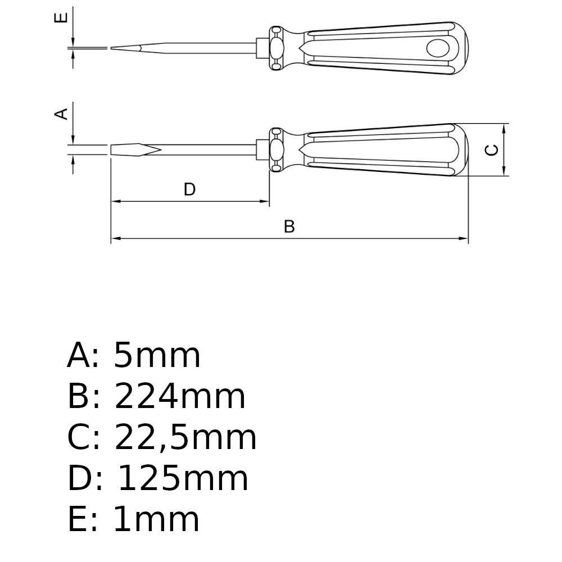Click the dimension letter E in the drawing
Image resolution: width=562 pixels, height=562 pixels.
(61, 17)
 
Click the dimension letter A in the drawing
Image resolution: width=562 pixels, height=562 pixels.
(61, 114)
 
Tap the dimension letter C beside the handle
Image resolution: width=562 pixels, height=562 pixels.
(491, 150)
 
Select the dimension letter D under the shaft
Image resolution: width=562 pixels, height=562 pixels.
(189, 189)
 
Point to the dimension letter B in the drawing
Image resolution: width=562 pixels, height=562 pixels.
(289, 226)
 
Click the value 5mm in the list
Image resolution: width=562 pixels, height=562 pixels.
(157, 355)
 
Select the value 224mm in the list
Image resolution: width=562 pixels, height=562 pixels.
(180, 396)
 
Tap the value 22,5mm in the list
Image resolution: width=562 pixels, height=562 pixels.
(185, 438)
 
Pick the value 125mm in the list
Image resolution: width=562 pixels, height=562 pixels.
(183, 478)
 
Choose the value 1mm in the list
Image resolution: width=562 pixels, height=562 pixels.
(156, 519)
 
